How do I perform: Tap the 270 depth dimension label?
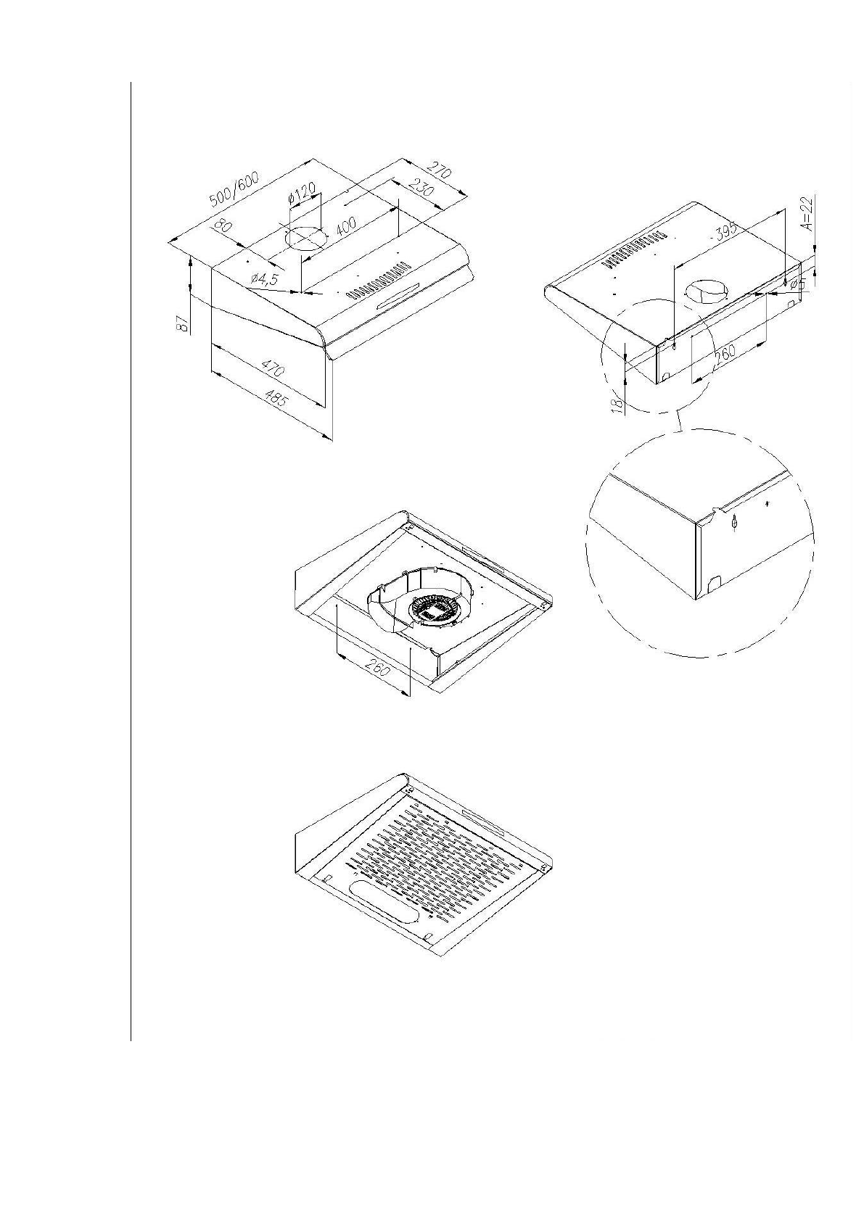[440, 173]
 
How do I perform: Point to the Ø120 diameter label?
[302, 194]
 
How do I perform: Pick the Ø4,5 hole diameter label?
[265, 279]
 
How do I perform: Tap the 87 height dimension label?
[184, 323]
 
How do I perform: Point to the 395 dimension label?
[723, 231]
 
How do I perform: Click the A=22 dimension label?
[809, 212]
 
